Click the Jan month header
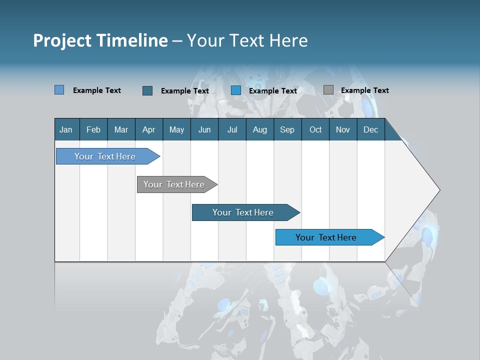click(x=66, y=129)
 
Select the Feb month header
click(x=93, y=129)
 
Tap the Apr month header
click(x=149, y=129)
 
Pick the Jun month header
click(x=204, y=129)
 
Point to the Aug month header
click(x=260, y=129)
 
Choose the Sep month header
click(x=287, y=129)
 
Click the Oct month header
click(x=315, y=129)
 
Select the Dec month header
click(x=371, y=129)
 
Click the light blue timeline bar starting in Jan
click(x=105, y=156)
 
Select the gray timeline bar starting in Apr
click(x=174, y=184)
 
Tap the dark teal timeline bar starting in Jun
click(x=243, y=212)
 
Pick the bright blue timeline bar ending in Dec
click(x=326, y=237)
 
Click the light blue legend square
click(x=59, y=90)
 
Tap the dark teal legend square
click(x=147, y=90)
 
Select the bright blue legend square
click(x=236, y=90)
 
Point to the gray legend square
click(x=328, y=90)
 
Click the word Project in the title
click(x=62, y=40)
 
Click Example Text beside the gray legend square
click(x=364, y=90)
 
